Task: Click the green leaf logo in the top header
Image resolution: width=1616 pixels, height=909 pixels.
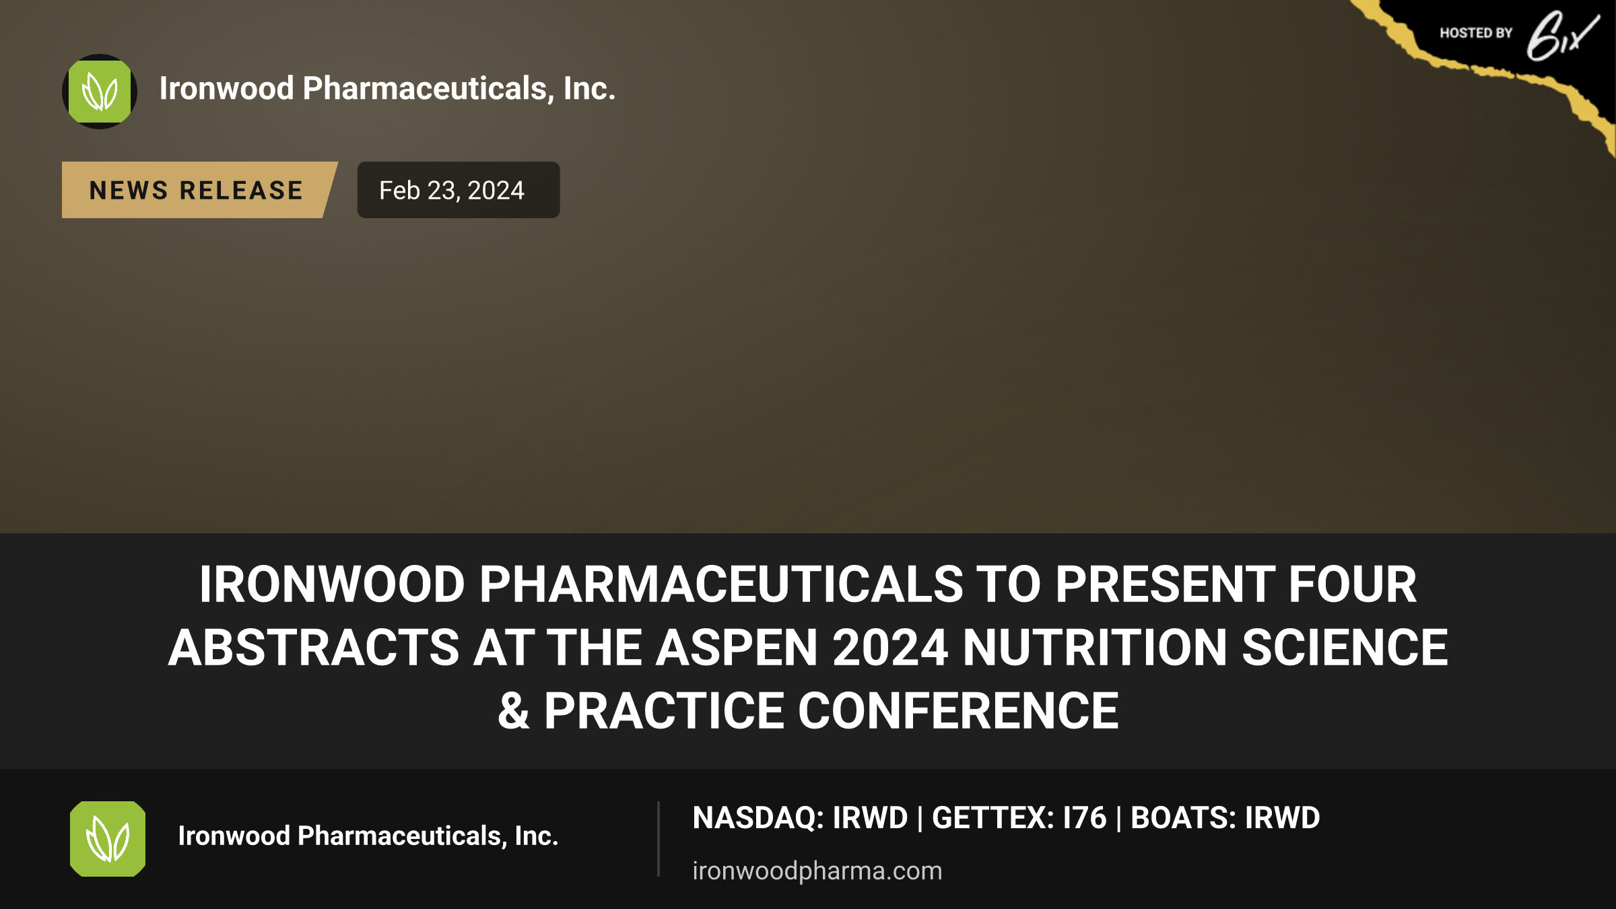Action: tap(100, 92)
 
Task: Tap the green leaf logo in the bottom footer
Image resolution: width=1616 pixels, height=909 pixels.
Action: tap(108, 839)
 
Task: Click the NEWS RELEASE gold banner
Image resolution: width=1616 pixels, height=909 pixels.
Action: tap(199, 190)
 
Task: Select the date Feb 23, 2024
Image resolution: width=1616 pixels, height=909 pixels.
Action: tap(451, 191)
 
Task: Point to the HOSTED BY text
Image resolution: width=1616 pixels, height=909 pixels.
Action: tap(1476, 33)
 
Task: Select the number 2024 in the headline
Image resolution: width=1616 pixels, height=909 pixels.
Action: tap(890, 647)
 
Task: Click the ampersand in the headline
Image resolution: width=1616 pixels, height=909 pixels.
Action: tap(513, 711)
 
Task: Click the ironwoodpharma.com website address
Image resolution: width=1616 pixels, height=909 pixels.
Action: tap(817, 871)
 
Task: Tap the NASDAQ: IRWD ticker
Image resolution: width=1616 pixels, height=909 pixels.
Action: tap(801, 817)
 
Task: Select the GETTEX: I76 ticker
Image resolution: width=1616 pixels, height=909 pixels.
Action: tap(1019, 817)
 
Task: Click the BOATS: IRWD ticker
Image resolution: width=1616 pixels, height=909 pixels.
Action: tap(1225, 817)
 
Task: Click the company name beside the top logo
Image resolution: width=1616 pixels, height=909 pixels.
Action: tap(387, 88)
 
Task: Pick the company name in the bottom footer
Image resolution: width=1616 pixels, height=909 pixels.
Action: tap(368, 836)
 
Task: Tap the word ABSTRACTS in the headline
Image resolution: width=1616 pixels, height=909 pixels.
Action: tap(314, 647)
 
